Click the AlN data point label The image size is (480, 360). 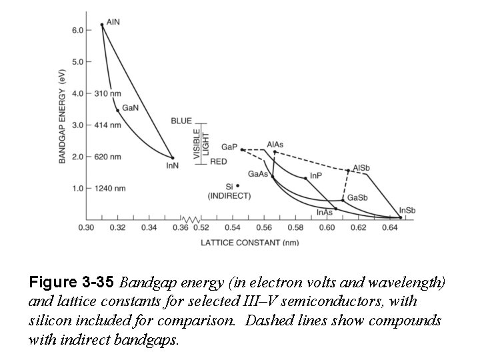[x=114, y=21]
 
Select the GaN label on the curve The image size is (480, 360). [x=130, y=107]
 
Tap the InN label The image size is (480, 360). [x=172, y=165]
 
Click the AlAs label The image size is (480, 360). [x=275, y=144]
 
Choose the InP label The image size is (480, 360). [x=317, y=176]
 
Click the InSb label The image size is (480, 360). [x=407, y=211]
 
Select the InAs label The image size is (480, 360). [x=325, y=213]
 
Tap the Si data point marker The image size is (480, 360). [x=237, y=186]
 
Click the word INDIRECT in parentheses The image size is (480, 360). [x=229, y=196]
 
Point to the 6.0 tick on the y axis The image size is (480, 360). [x=77, y=30]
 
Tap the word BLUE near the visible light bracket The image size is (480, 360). [x=181, y=121]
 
